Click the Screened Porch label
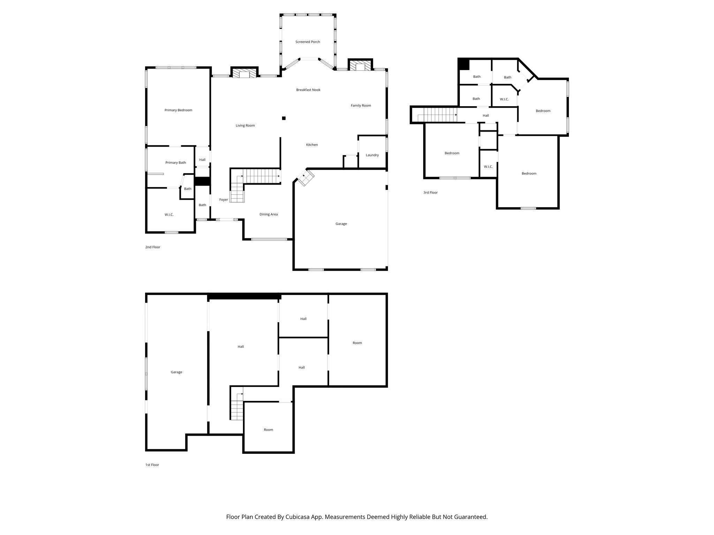pyautogui.click(x=307, y=42)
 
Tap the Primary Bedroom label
pyautogui.click(x=178, y=110)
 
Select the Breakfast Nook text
pyautogui.click(x=308, y=90)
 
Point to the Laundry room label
pyautogui.click(x=372, y=155)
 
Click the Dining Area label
pyautogui.click(x=268, y=214)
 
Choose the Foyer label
pyautogui.click(x=223, y=200)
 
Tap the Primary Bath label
pyautogui.click(x=175, y=163)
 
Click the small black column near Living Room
pyautogui.click(x=284, y=118)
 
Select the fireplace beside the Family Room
pyautogui.click(x=360, y=66)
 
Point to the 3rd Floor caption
pyautogui.click(x=430, y=192)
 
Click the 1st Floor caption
pyautogui.click(x=152, y=465)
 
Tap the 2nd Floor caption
pyautogui.click(x=153, y=247)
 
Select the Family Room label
pyautogui.click(x=361, y=106)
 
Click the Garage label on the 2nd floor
pyautogui.click(x=341, y=224)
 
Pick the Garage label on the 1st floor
pyautogui.click(x=176, y=372)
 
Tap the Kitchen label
pyautogui.click(x=312, y=145)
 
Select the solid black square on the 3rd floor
pyautogui.click(x=464, y=64)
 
